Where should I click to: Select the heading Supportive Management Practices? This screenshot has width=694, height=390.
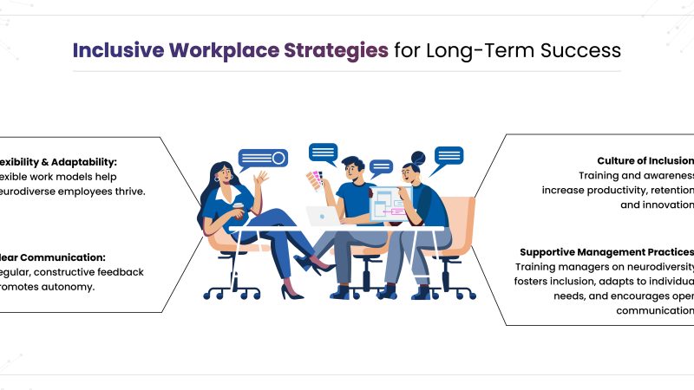point(606,251)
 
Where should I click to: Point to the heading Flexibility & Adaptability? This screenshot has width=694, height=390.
point(57,161)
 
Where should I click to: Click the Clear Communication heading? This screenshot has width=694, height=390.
point(53,257)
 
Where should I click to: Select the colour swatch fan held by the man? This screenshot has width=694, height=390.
point(313,179)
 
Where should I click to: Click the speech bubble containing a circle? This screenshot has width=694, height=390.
point(263,158)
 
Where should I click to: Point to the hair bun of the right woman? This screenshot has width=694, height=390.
point(419,158)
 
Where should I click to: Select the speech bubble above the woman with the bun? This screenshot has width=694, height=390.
point(448,156)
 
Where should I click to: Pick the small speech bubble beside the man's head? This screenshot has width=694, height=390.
point(381,166)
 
